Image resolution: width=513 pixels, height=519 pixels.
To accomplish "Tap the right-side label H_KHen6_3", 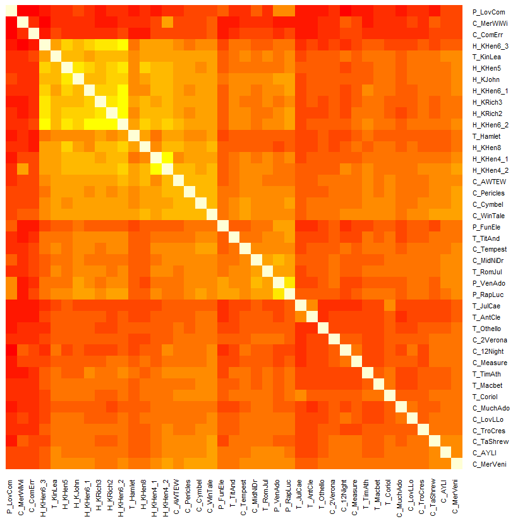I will [490, 46].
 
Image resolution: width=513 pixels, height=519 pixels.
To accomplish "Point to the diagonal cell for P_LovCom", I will [11, 11].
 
